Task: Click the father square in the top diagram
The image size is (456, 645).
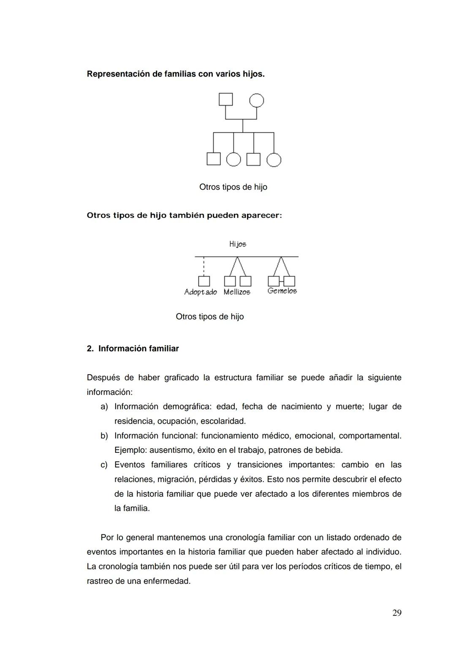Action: point(225,99)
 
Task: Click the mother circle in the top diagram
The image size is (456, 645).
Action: point(256,101)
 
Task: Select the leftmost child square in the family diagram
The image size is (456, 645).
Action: point(214,159)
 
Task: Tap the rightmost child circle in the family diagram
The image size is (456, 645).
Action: point(274,160)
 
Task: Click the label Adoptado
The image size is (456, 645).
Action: point(201,292)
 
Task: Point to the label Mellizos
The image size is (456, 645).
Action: point(237,292)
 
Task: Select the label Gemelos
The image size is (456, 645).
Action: point(282,291)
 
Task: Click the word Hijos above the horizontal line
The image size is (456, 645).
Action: point(238,244)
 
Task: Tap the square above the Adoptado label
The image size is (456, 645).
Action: point(204,281)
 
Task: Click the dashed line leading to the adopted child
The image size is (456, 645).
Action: point(204,266)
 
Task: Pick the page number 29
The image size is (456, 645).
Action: point(397,613)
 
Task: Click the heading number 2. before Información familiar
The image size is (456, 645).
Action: point(90,349)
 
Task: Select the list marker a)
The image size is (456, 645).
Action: point(104,407)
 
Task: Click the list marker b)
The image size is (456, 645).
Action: point(104,435)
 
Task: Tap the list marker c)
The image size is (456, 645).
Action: point(104,465)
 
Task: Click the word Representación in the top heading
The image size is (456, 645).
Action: point(118,74)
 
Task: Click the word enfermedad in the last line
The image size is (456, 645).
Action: point(167,581)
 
